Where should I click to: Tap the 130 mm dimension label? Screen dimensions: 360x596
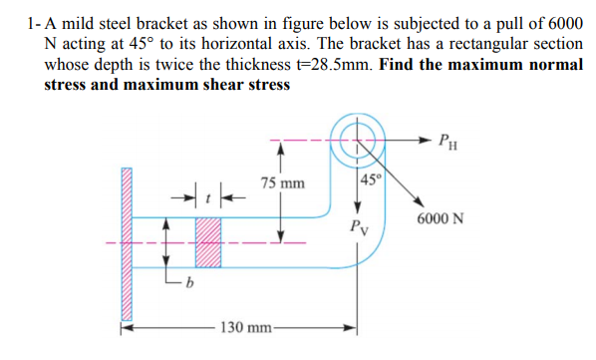pos(242,325)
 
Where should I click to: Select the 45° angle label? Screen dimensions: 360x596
pos(369,180)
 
